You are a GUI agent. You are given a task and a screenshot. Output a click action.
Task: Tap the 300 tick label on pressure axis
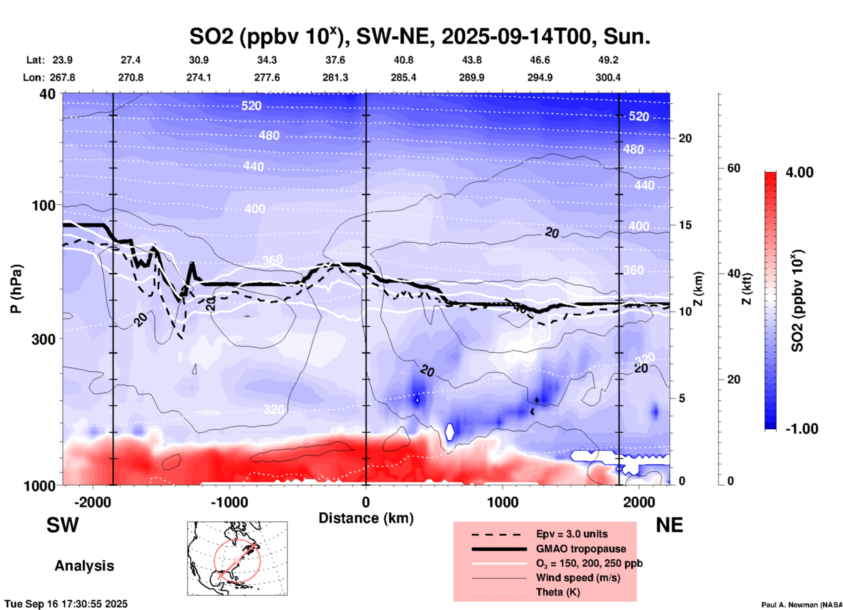click(43, 339)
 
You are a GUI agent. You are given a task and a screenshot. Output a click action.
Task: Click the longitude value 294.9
click(540, 77)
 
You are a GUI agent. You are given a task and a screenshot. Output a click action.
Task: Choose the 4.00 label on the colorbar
click(799, 172)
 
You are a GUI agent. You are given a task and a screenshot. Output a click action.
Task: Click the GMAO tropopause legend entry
click(581, 549)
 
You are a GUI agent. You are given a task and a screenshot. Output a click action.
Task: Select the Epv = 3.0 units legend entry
click(572, 534)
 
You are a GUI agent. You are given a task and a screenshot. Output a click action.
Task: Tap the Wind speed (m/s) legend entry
click(578, 578)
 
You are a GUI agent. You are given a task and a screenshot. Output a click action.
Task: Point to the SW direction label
click(63, 525)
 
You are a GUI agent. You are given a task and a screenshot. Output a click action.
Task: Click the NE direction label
click(669, 525)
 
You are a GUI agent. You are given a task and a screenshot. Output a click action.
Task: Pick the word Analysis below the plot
click(84, 566)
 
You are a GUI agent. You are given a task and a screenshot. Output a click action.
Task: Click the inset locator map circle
click(237, 560)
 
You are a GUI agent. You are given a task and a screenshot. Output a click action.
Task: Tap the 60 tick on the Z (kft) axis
click(734, 168)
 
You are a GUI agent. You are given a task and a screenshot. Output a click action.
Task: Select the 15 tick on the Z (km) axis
click(685, 225)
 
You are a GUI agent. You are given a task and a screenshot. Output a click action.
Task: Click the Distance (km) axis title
click(366, 518)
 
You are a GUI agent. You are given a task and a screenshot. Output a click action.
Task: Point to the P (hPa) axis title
click(16, 289)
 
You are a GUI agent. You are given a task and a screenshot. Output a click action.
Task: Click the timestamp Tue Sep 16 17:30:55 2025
click(66, 604)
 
